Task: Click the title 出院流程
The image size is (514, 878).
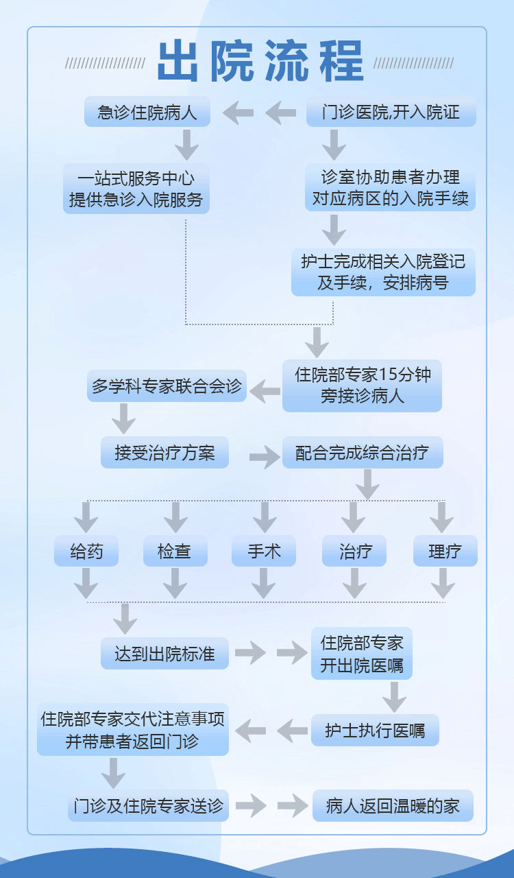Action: pos(260,62)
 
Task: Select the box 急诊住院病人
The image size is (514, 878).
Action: pos(147,112)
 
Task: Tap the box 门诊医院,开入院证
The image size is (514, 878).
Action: pos(391,112)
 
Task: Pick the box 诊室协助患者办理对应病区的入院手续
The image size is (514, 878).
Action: pos(390,187)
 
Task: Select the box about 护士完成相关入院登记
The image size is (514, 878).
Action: pos(383,272)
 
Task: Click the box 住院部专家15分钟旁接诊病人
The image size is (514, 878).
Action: pos(362,385)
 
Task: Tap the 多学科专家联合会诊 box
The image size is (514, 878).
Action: pos(167,385)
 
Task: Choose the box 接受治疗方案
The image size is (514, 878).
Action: pos(164,453)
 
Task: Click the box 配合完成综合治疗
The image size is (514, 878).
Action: pos(363,453)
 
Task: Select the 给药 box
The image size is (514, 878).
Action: pos(86,551)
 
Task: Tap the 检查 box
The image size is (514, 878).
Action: pos(175,551)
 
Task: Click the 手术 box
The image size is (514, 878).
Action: pos(264,551)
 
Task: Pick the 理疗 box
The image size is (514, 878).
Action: pos(445,551)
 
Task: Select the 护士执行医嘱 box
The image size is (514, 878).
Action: pos(375,731)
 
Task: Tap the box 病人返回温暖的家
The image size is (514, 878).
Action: pos(393,806)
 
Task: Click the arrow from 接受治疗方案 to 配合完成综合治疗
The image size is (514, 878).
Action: pos(265,455)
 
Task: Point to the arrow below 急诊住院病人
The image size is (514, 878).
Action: pos(186,145)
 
